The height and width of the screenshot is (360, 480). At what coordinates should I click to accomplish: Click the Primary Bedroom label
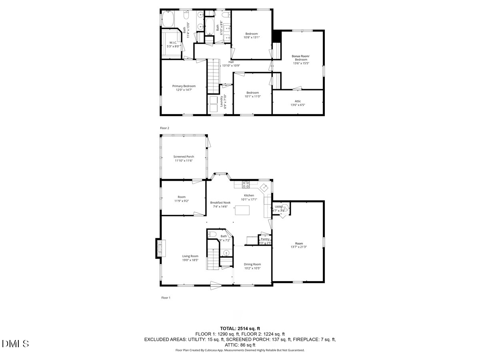(x=184, y=86)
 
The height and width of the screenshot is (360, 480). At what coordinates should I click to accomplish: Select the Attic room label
(x=298, y=101)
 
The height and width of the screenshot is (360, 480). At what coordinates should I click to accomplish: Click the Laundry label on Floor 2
(x=221, y=102)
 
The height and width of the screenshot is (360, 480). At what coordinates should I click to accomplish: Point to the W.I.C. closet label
(x=173, y=42)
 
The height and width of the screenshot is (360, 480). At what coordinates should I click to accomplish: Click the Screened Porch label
(x=184, y=156)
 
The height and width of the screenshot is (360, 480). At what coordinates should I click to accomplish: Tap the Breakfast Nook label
(x=220, y=202)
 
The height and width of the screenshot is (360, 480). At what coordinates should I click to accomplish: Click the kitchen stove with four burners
(x=246, y=184)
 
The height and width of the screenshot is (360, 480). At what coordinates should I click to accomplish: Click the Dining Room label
(x=252, y=264)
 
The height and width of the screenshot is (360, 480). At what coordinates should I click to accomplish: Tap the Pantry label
(x=265, y=239)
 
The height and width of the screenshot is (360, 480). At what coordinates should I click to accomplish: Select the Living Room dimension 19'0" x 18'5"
(x=190, y=260)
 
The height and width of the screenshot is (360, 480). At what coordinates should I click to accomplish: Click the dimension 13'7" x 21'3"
(x=299, y=247)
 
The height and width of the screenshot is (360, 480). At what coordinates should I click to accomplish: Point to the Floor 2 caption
(x=165, y=128)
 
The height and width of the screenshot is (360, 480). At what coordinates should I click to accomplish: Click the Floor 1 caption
(x=165, y=298)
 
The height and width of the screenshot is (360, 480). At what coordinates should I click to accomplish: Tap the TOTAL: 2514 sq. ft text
(x=240, y=328)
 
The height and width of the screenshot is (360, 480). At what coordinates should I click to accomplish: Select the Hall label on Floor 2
(x=231, y=62)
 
